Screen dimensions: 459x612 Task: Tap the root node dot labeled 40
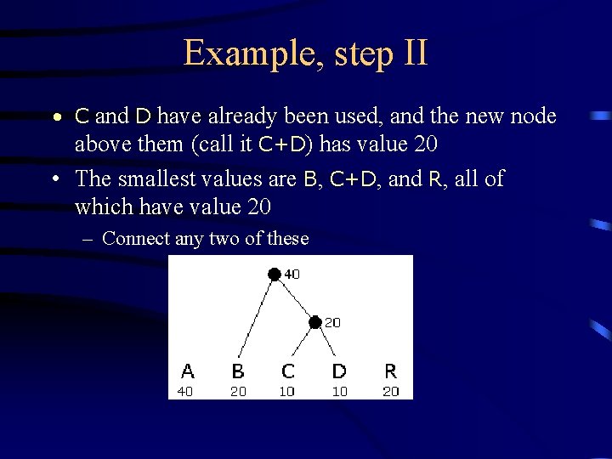click(274, 274)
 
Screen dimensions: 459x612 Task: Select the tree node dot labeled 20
click(314, 322)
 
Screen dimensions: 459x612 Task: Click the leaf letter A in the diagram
click(188, 371)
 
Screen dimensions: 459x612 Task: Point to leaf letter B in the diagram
click(239, 371)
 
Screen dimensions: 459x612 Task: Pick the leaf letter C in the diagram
click(288, 371)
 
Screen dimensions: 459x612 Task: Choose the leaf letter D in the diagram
click(339, 371)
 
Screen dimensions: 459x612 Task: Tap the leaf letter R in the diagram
click(390, 371)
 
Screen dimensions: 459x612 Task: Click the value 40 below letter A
click(186, 391)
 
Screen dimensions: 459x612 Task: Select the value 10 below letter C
click(287, 391)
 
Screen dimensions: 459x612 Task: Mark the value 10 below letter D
click(338, 391)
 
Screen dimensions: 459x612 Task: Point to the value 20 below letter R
click(390, 391)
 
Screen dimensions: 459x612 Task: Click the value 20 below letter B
click(238, 391)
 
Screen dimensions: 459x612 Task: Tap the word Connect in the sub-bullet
click(135, 239)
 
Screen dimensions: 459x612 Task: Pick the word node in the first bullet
click(533, 116)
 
